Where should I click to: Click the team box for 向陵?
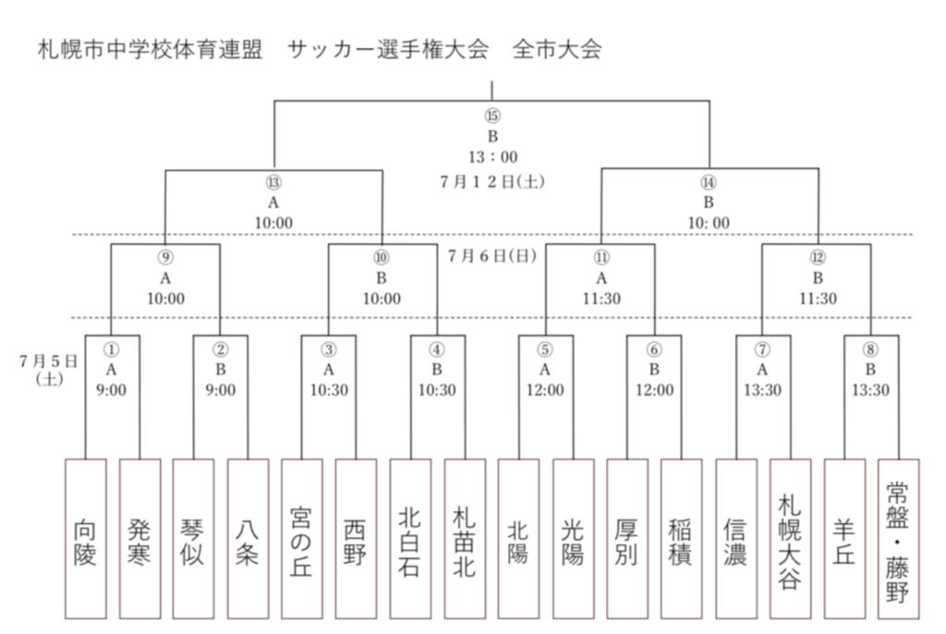[x=86, y=539]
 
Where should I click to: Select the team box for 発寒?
[x=140, y=539]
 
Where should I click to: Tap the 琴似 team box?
[x=193, y=539]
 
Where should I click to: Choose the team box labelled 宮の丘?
[x=302, y=539]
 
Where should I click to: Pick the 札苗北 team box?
[x=466, y=539]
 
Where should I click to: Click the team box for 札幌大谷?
[x=791, y=539]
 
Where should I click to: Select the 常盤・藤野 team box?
[x=899, y=539]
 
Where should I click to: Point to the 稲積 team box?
[x=681, y=539]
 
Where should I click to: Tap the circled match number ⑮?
[x=493, y=116]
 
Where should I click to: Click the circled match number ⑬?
[x=273, y=182]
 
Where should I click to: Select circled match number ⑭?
[x=709, y=182]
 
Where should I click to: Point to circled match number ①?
[x=112, y=349]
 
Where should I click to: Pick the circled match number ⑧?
[x=870, y=349]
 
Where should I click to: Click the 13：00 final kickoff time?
[x=493, y=157]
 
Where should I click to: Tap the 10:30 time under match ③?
[x=329, y=390]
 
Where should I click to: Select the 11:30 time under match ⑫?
[x=819, y=299]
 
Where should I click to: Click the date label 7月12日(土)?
[x=492, y=181]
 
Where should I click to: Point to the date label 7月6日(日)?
[x=492, y=256]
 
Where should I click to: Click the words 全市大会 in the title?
[x=557, y=50]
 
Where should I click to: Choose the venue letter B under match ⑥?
[x=654, y=369]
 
